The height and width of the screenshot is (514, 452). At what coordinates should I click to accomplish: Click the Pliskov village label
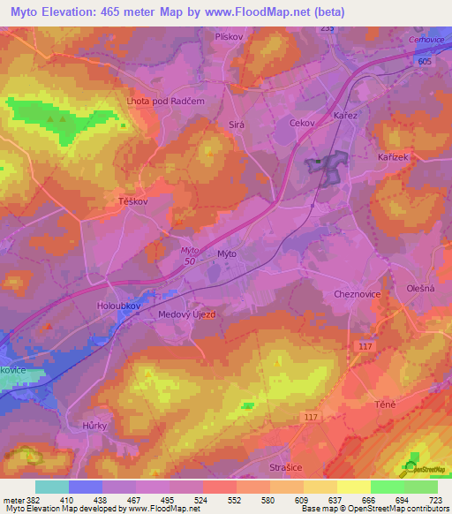[x=228, y=37]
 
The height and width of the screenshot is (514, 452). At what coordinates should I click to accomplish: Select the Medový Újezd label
[x=186, y=314]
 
